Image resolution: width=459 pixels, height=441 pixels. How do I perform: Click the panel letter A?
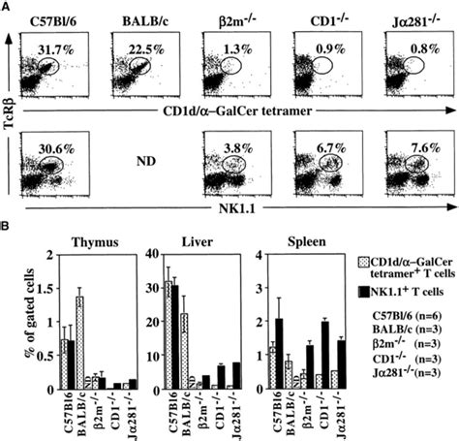point(7,7)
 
